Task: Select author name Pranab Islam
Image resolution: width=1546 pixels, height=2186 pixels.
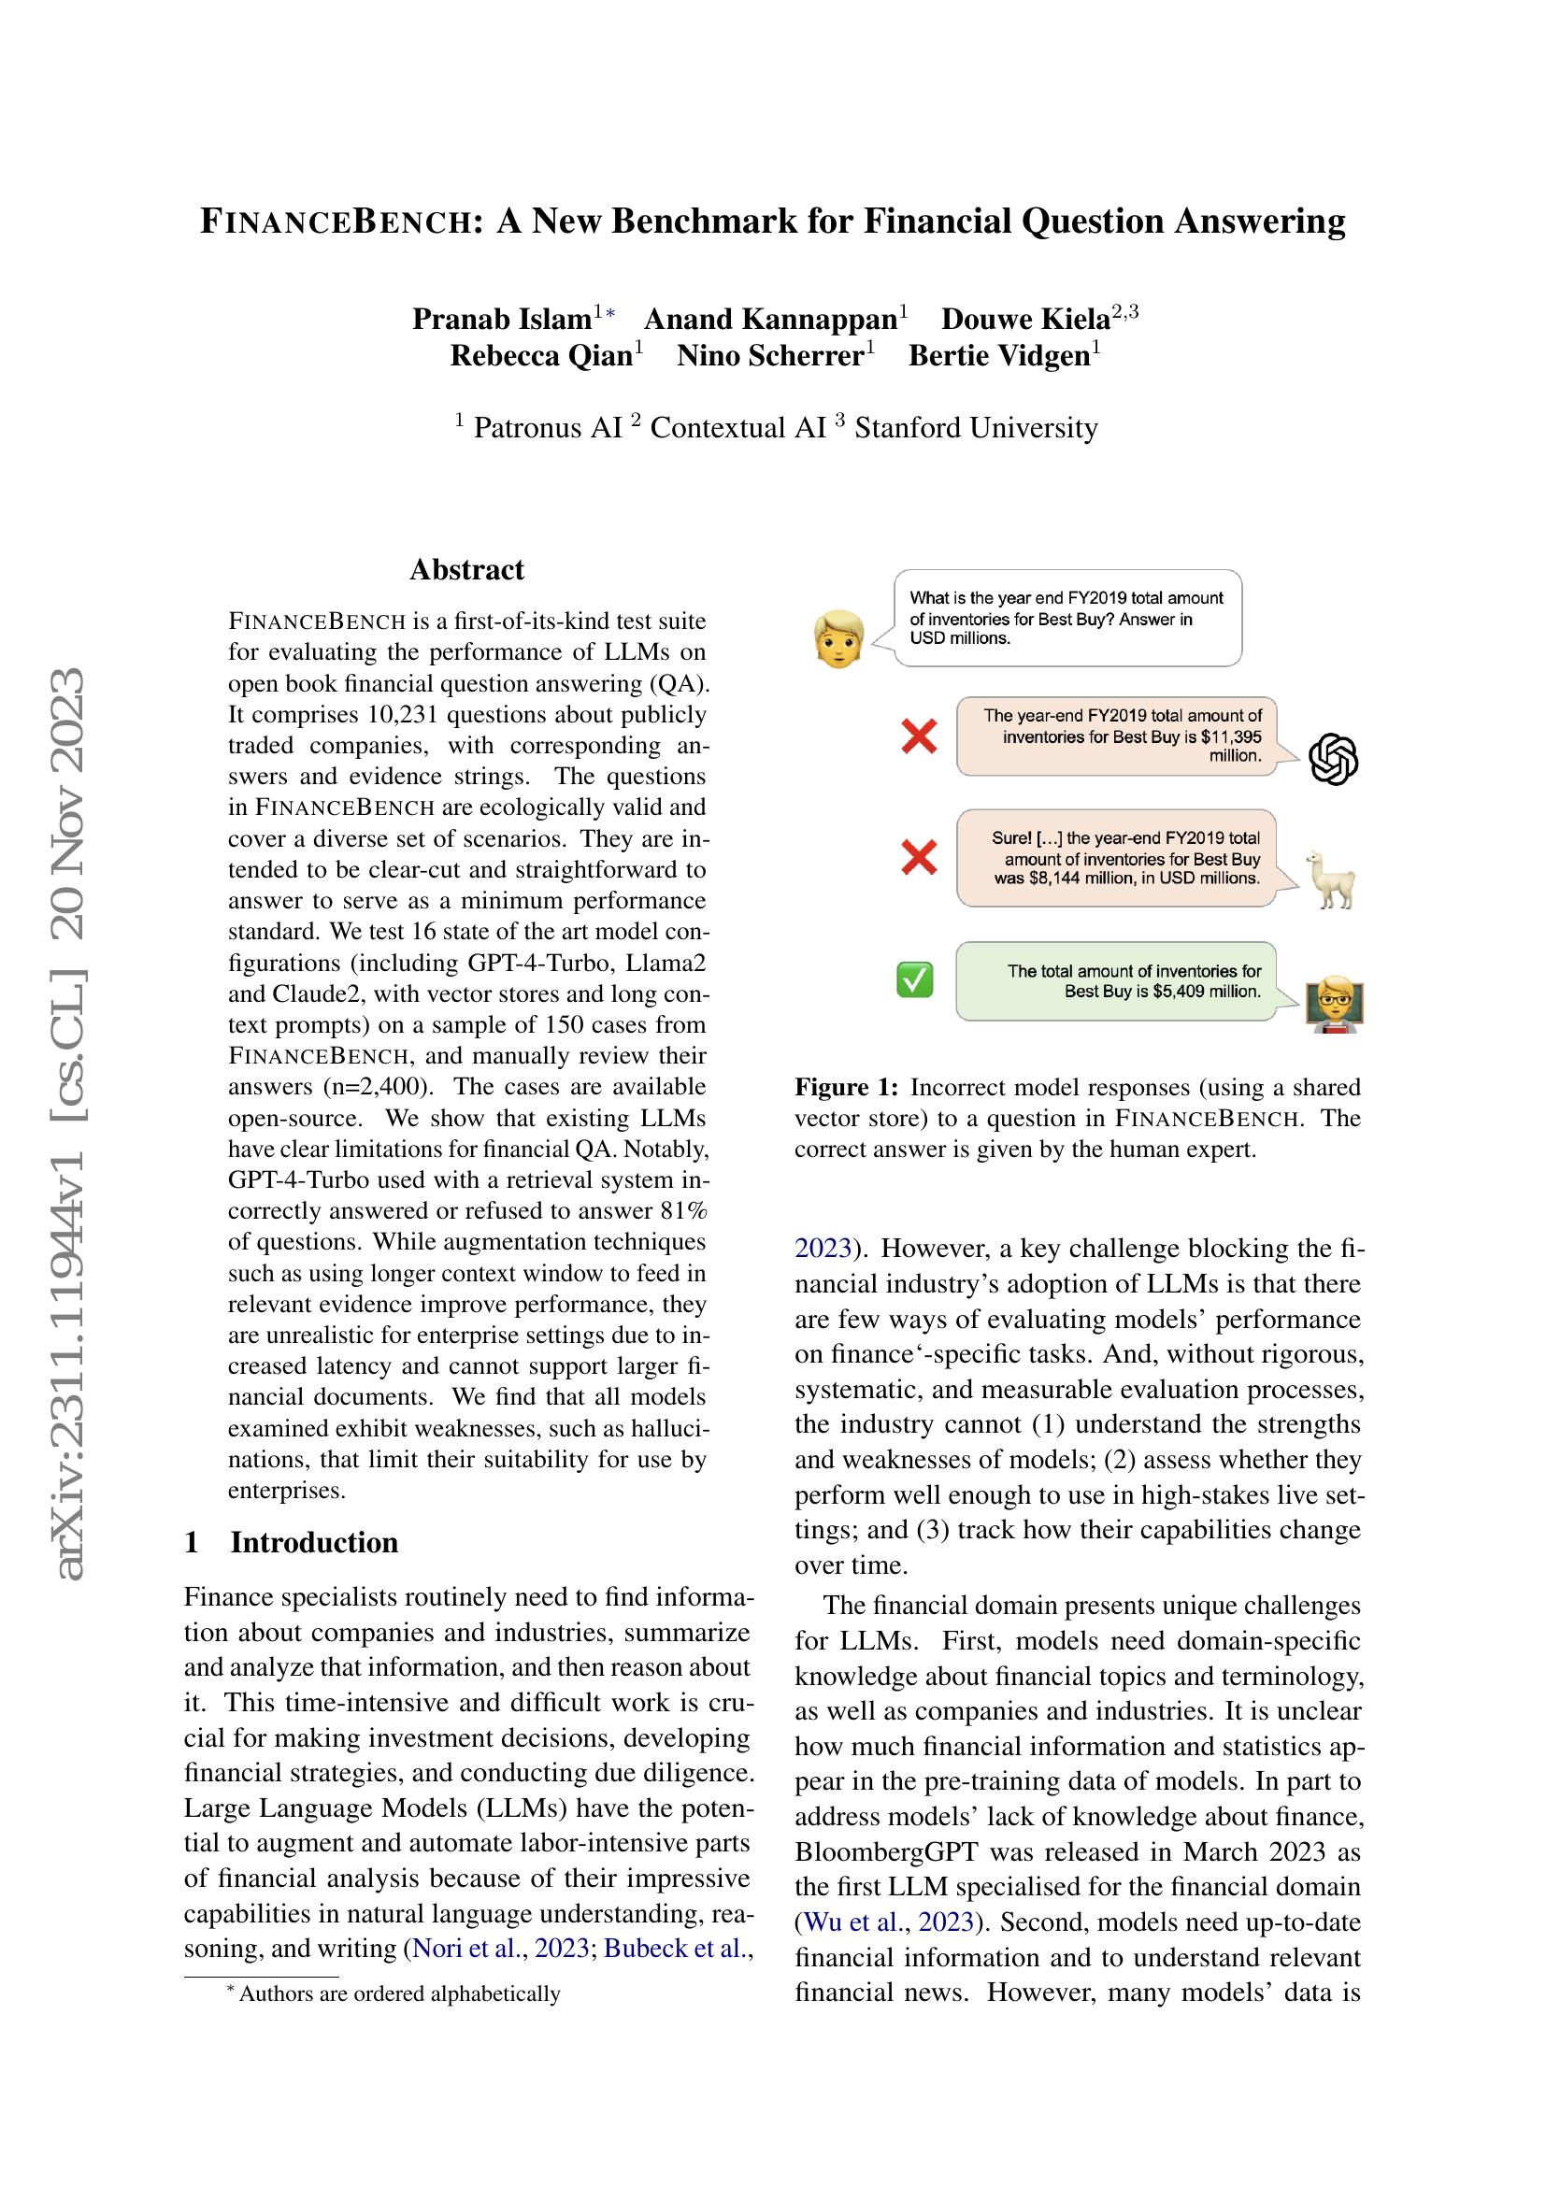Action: [x=501, y=319]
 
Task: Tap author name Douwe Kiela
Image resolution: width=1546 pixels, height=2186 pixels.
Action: [x=1025, y=319]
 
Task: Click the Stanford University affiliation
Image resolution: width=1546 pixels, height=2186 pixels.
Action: [x=976, y=427]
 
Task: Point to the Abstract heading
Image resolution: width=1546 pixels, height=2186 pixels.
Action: [x=466, y=569]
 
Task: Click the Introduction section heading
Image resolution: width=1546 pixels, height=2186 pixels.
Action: [x=313, y=1542]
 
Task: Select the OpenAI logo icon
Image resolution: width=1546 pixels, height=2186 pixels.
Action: [x=1334, y=760]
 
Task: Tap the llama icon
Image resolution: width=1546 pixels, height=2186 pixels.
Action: [x=1333, y=879]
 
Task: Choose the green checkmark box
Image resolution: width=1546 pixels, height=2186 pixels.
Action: [x=915, y=979]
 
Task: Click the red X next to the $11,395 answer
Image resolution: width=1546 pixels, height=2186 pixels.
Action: [x=919, y=736]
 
